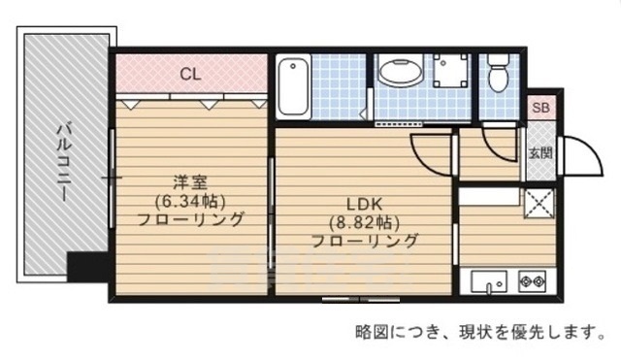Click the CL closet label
(x=190, y=72)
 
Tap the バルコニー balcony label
(x=60, y=160)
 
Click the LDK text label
(x=365, y=204)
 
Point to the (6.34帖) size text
(x=189, y=201)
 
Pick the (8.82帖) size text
(x=365, y=222)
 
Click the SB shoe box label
(x=539, y=109)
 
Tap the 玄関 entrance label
(x=540, y=152)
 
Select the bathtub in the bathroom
(x=292, y=87)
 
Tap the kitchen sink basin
(x=489, y=283)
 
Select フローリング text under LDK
(x=365, y=241)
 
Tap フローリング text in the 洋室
(x=189, y=219)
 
